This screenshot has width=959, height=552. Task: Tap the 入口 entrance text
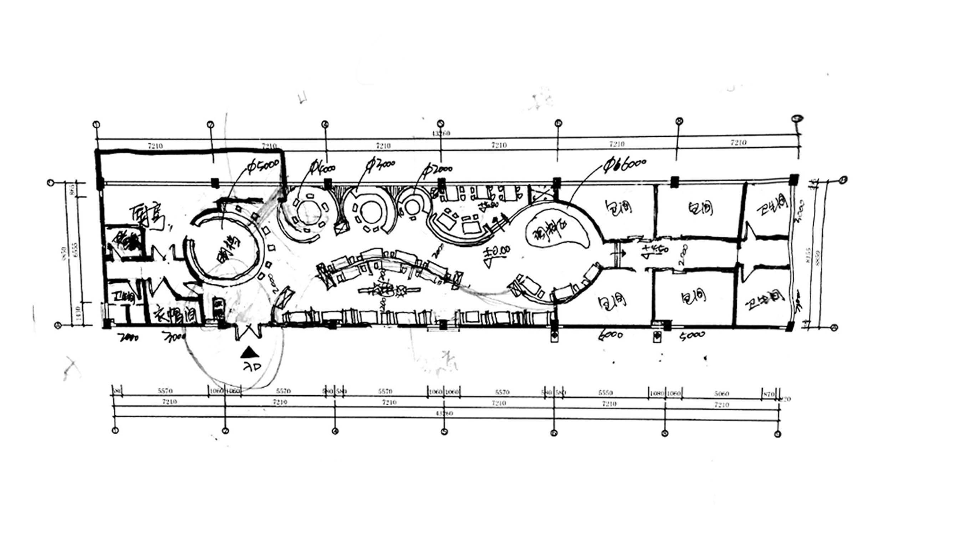[252, 367]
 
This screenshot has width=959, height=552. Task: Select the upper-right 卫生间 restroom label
[772, 205]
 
